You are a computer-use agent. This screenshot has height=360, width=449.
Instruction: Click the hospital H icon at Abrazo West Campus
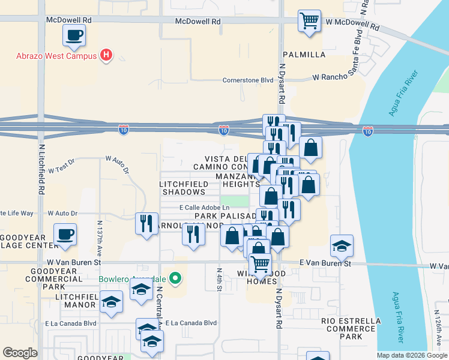(x=106, y=56)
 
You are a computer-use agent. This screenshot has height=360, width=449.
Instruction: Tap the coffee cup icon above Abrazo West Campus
(x=74, y=35)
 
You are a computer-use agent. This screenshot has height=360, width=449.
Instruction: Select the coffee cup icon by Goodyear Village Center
(x=65, y=234)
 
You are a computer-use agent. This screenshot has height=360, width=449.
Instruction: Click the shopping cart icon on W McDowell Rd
(x=309, y=20)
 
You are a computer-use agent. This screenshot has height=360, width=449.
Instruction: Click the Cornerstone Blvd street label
(x=248, y=80)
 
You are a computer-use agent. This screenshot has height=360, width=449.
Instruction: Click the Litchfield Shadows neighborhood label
(x=182, y=188)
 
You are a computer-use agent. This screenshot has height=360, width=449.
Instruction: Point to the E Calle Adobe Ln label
(x=204, y=208)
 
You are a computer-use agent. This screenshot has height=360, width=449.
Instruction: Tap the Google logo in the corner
(x=20, y=353)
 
